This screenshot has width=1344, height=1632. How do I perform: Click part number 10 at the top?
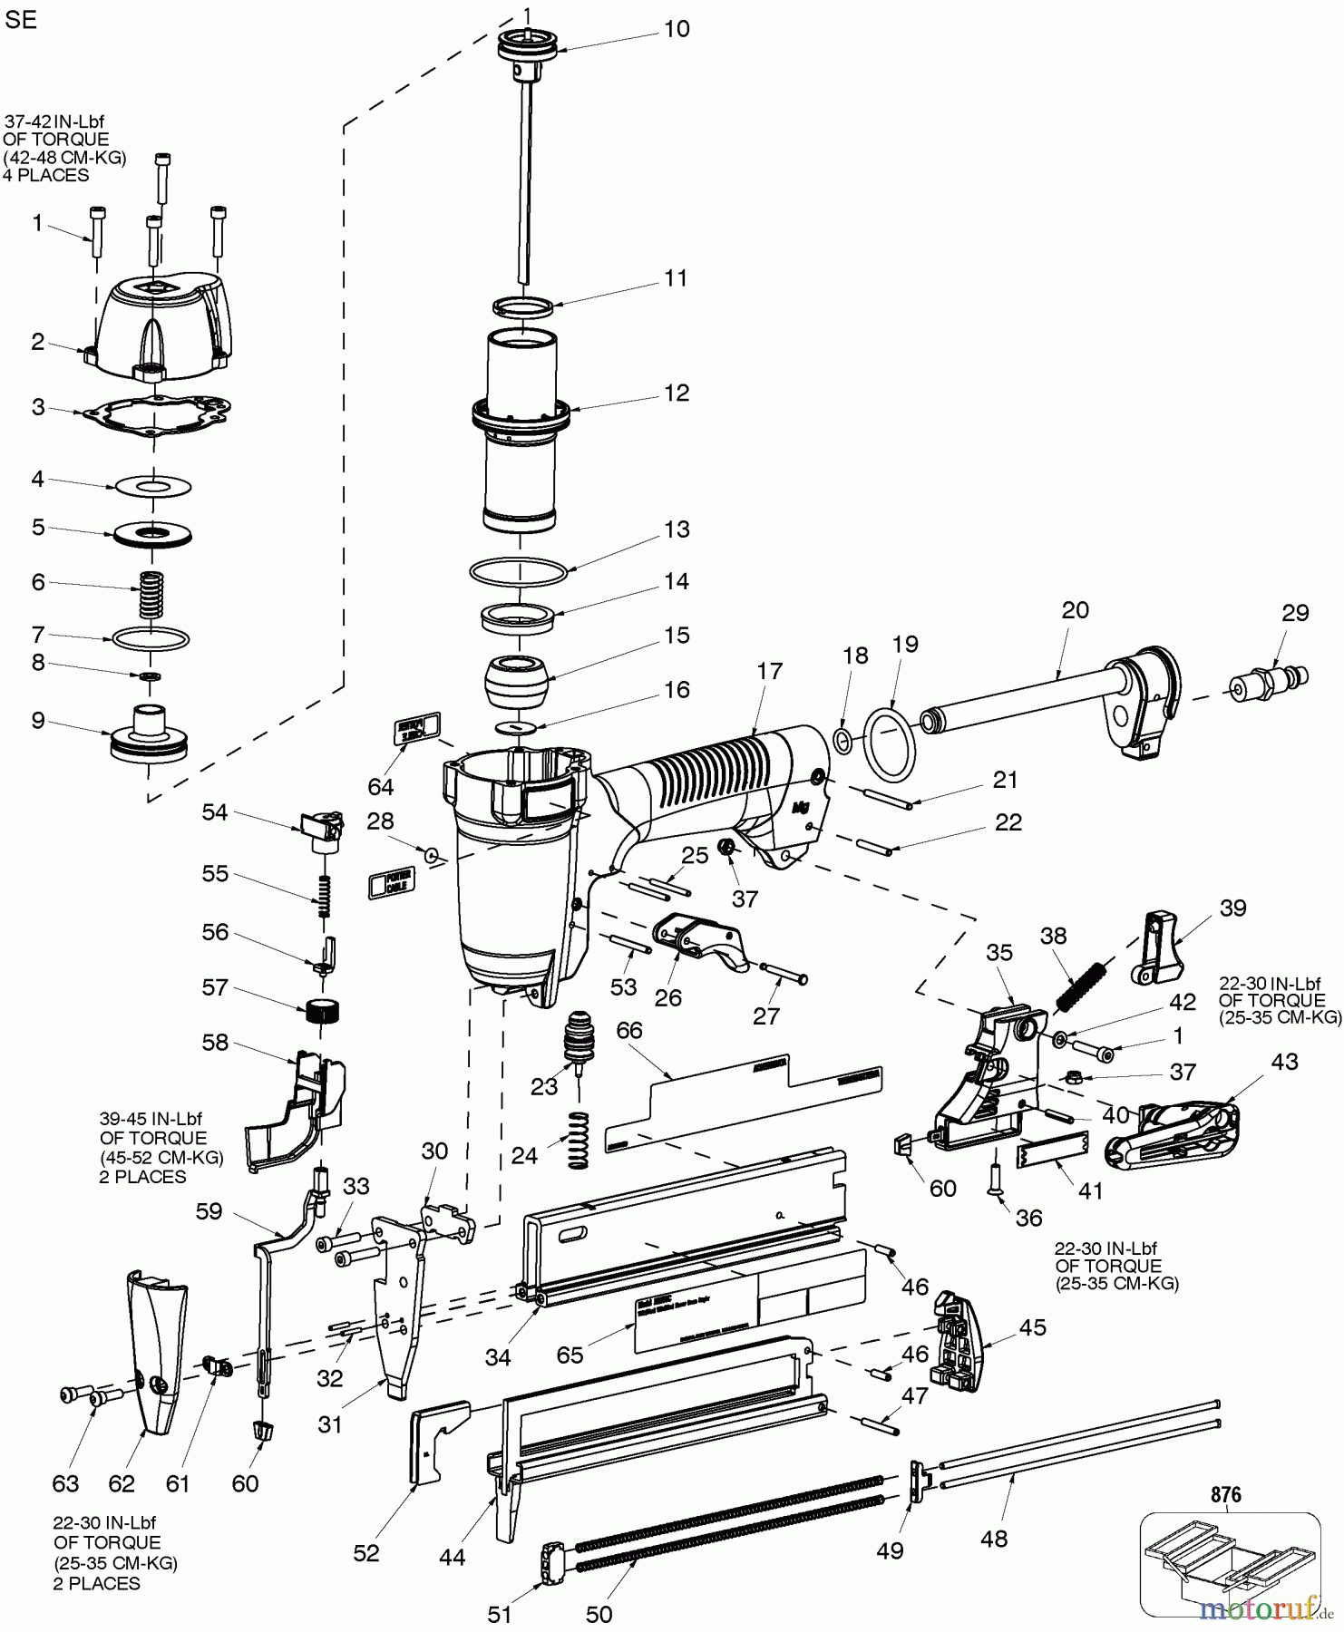point(677,29)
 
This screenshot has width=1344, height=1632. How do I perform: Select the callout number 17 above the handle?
point(769,672)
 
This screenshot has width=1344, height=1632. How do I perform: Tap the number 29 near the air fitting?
point(1295,613)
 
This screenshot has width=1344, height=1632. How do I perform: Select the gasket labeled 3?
point(156,414)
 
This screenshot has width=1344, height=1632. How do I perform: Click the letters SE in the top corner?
point(21,21)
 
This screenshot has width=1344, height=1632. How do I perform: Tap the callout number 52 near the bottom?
point(366,1553)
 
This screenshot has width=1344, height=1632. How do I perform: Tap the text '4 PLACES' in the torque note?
point(47,176)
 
